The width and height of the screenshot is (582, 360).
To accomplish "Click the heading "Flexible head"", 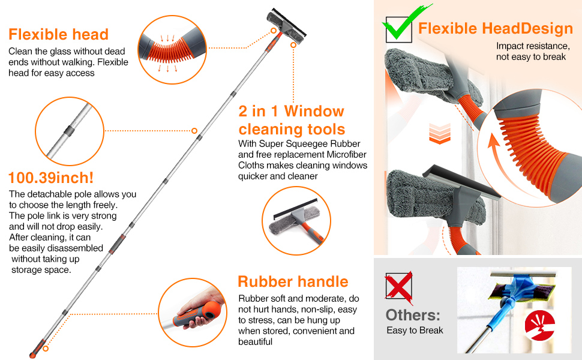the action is tap(58, 35).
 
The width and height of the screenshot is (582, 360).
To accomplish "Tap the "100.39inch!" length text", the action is tap(51, 178).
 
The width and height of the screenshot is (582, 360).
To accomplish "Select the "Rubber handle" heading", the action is tap(293, 281).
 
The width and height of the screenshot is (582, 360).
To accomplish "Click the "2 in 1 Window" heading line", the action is tap(292, 112).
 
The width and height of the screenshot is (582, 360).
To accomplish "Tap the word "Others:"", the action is tap(413, 315).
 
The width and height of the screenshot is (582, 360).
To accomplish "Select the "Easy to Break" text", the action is tap(415, 331).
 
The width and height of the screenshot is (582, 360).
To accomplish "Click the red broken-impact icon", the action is tap(539, 325).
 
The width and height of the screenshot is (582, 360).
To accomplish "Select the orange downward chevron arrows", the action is tap(440, 134).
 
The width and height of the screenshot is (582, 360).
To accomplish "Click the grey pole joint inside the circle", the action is tap(69, 131).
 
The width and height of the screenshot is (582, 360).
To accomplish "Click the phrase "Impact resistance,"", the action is tap(533, 46).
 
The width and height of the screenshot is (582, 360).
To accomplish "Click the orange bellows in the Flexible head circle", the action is tap(167, 50).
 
